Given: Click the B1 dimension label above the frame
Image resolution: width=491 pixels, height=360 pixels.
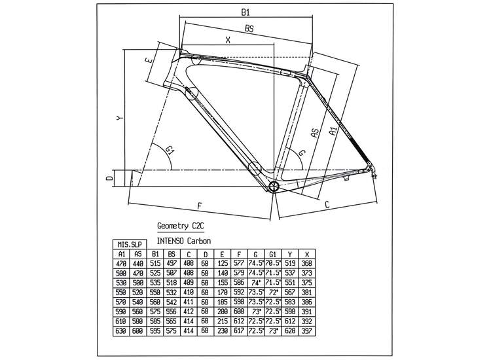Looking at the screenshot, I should pyautogui.click(x=246, y=12).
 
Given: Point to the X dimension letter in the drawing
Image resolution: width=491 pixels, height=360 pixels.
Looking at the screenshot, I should pyautogui.click(x=227, y=39).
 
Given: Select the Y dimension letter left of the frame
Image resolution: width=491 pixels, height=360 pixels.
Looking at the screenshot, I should pyautogui.click(x=118, y=118).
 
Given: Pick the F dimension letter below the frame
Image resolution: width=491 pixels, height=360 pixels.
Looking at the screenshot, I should pyautogui.click(x=199, y=206).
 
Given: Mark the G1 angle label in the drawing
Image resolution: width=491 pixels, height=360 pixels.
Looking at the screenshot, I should pyautogui.click(x=171, y=151).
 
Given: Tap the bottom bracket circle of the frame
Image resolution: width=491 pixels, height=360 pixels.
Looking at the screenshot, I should pyautogui.click(x=274, y=187).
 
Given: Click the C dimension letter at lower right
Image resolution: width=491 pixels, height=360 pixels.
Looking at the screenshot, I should pyautogui.click(x=326, y=205).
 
